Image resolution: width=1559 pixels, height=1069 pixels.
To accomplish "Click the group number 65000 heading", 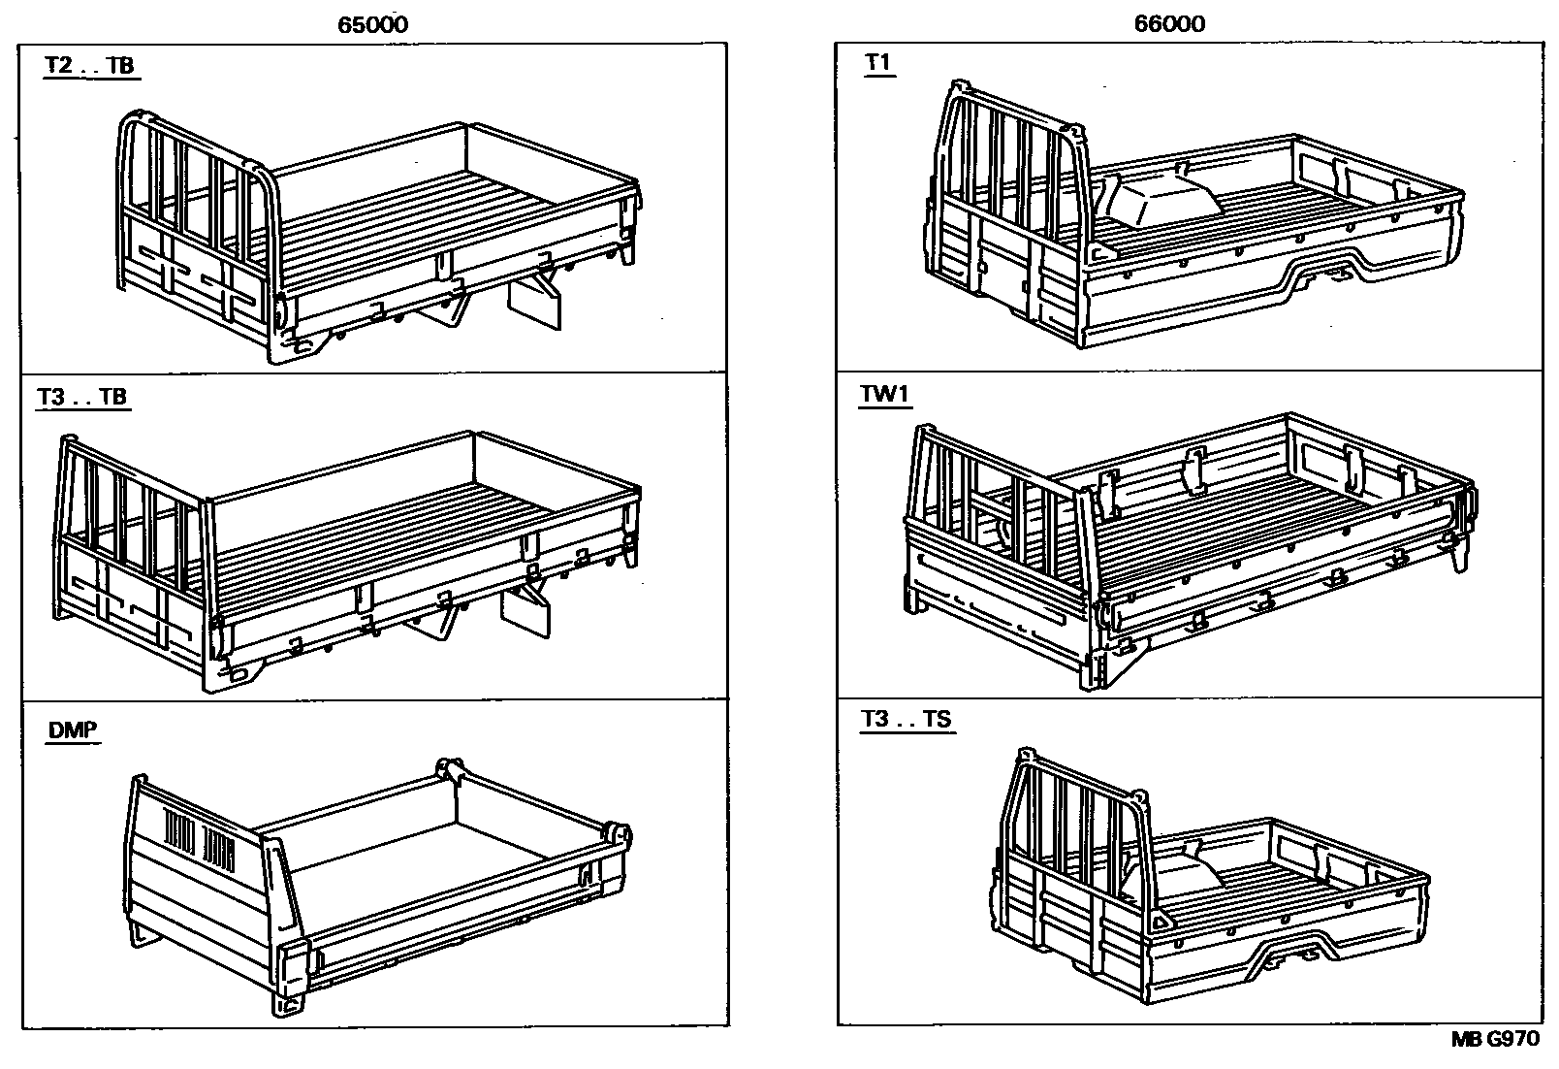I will (x=373, y=24).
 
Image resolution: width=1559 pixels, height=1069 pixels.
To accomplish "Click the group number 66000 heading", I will (x=1170, y=24).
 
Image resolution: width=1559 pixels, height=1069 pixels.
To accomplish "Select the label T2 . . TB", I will (x=89, y=66).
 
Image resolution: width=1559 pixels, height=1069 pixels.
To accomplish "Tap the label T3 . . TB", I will (x=82, y=398).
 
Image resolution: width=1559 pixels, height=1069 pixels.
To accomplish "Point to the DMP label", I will (x=73, y=730).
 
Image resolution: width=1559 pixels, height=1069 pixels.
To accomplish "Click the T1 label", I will (x=877, y=63).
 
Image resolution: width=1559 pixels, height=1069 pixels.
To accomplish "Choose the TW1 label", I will (x=885, y=395).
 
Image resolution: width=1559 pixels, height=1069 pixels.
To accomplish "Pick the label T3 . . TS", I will (x=907, y=721).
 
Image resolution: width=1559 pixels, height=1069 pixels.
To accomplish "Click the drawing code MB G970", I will (x=1494, y=1039).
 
